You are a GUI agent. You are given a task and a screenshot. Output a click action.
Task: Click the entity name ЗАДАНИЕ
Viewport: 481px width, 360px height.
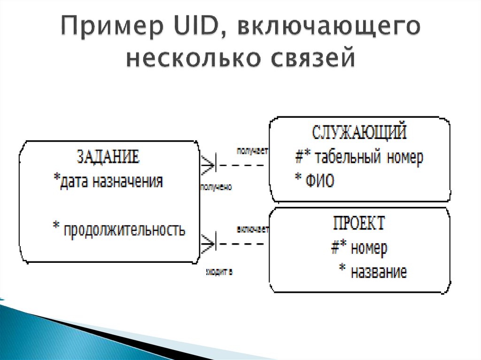coord(108,157)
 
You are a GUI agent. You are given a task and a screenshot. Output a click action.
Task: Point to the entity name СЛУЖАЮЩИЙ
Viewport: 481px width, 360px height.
coord(359,133)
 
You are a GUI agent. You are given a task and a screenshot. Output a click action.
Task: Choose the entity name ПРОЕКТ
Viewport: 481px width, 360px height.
coord(359,222)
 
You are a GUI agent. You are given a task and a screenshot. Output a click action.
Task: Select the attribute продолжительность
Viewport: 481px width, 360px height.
coord(119,230)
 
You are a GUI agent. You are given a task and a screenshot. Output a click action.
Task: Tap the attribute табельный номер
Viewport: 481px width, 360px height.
coord(359,157)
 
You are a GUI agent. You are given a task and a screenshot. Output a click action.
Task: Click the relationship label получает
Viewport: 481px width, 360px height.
coord(252,151)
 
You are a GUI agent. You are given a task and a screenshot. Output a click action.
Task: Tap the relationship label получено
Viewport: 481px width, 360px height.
coord(216,187)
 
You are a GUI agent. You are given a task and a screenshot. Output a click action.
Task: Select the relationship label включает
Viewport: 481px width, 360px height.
coord(253,230)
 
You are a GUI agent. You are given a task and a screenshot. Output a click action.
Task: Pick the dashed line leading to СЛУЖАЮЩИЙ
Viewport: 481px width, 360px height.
coord(240,165)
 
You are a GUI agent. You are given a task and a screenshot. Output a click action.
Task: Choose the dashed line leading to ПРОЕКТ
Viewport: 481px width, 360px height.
coord(240,244)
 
